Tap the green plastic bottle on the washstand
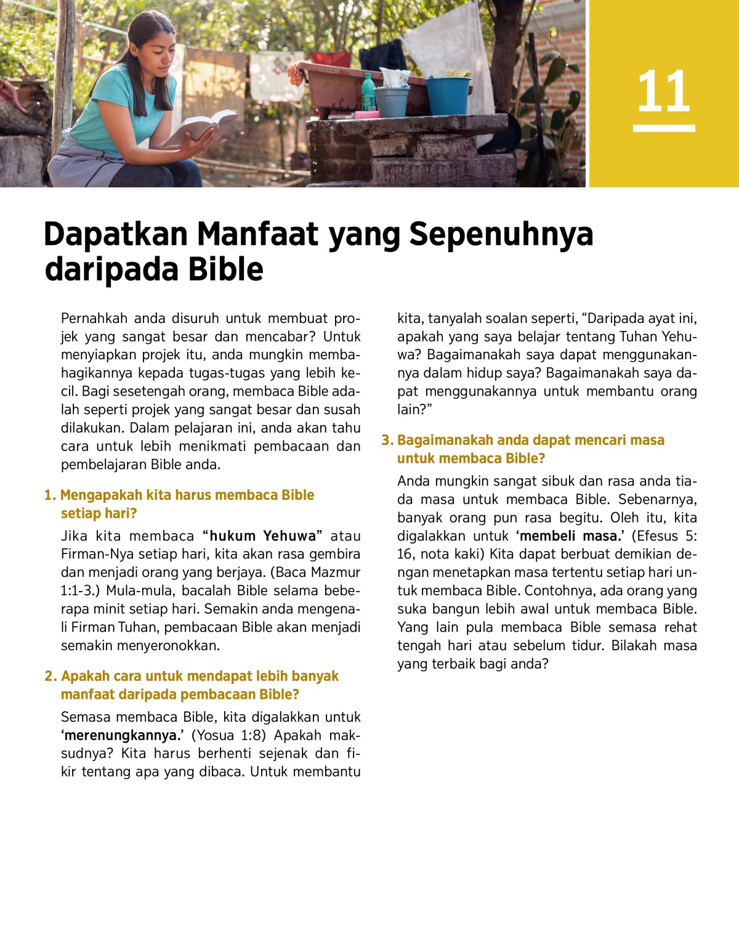368,92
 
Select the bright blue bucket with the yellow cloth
448,94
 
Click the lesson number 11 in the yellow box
663,92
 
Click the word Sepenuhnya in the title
501,234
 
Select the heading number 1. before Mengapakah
50,495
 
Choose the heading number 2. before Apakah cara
50,676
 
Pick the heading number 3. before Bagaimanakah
387,440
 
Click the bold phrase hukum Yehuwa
263,536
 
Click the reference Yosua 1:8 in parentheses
225,735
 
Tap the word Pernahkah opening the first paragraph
94,318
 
